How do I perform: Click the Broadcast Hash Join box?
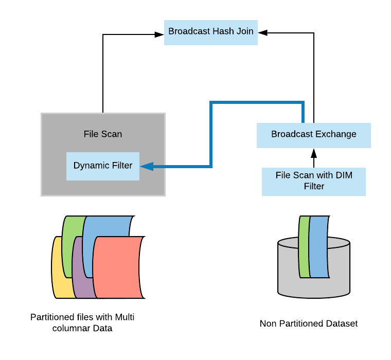211,32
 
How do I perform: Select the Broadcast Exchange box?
314,135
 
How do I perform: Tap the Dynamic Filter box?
103,166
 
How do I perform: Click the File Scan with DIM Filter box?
314,181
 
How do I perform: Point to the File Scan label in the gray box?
103,134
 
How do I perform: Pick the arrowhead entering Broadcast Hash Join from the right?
262,32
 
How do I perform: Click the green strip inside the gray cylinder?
304,247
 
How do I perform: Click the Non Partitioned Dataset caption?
309,323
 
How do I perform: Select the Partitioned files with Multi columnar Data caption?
85,322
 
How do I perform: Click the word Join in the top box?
244,31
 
